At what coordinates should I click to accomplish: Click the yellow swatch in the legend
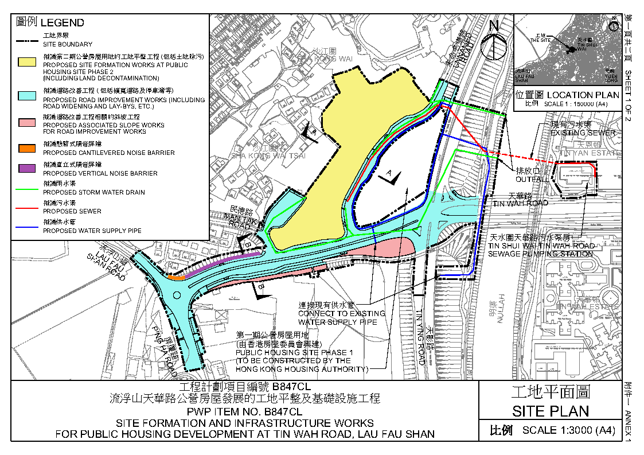(x=27, y=61)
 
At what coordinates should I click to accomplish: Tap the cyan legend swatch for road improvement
(x=27, y=94)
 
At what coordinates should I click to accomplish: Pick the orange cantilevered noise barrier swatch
(x=27, y=149)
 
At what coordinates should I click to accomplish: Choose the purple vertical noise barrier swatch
(x=27, y=168)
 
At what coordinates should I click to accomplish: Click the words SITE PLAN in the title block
(x=550, y=411)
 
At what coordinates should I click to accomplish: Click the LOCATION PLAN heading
(x=583, y=95)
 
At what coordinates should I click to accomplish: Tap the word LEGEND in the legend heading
(x=62, y=23)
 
